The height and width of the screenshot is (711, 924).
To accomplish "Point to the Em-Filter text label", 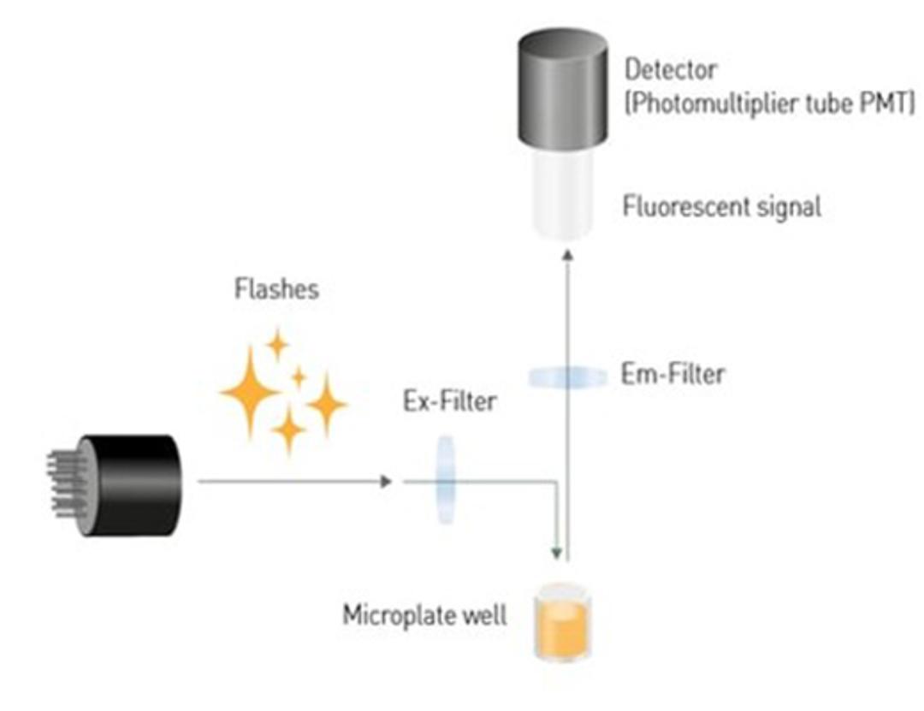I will pyautogui.click(x=672, y=374).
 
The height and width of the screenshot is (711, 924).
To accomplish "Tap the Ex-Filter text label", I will pyautogui.click(x=449, y=400).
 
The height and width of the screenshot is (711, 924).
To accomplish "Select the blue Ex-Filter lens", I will pyautogui.click(x=446, y=479).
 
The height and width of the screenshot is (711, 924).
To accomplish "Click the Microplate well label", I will pyautogui.click(x=424, y=615).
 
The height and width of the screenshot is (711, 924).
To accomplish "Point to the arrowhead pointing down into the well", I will pyautogui.click(x=557, y=555).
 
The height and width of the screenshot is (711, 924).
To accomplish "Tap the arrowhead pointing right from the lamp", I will pyautogui.click(x=385, y=482).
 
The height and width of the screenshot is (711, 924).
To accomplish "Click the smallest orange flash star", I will pyautogui.click(x=299, y=376).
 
